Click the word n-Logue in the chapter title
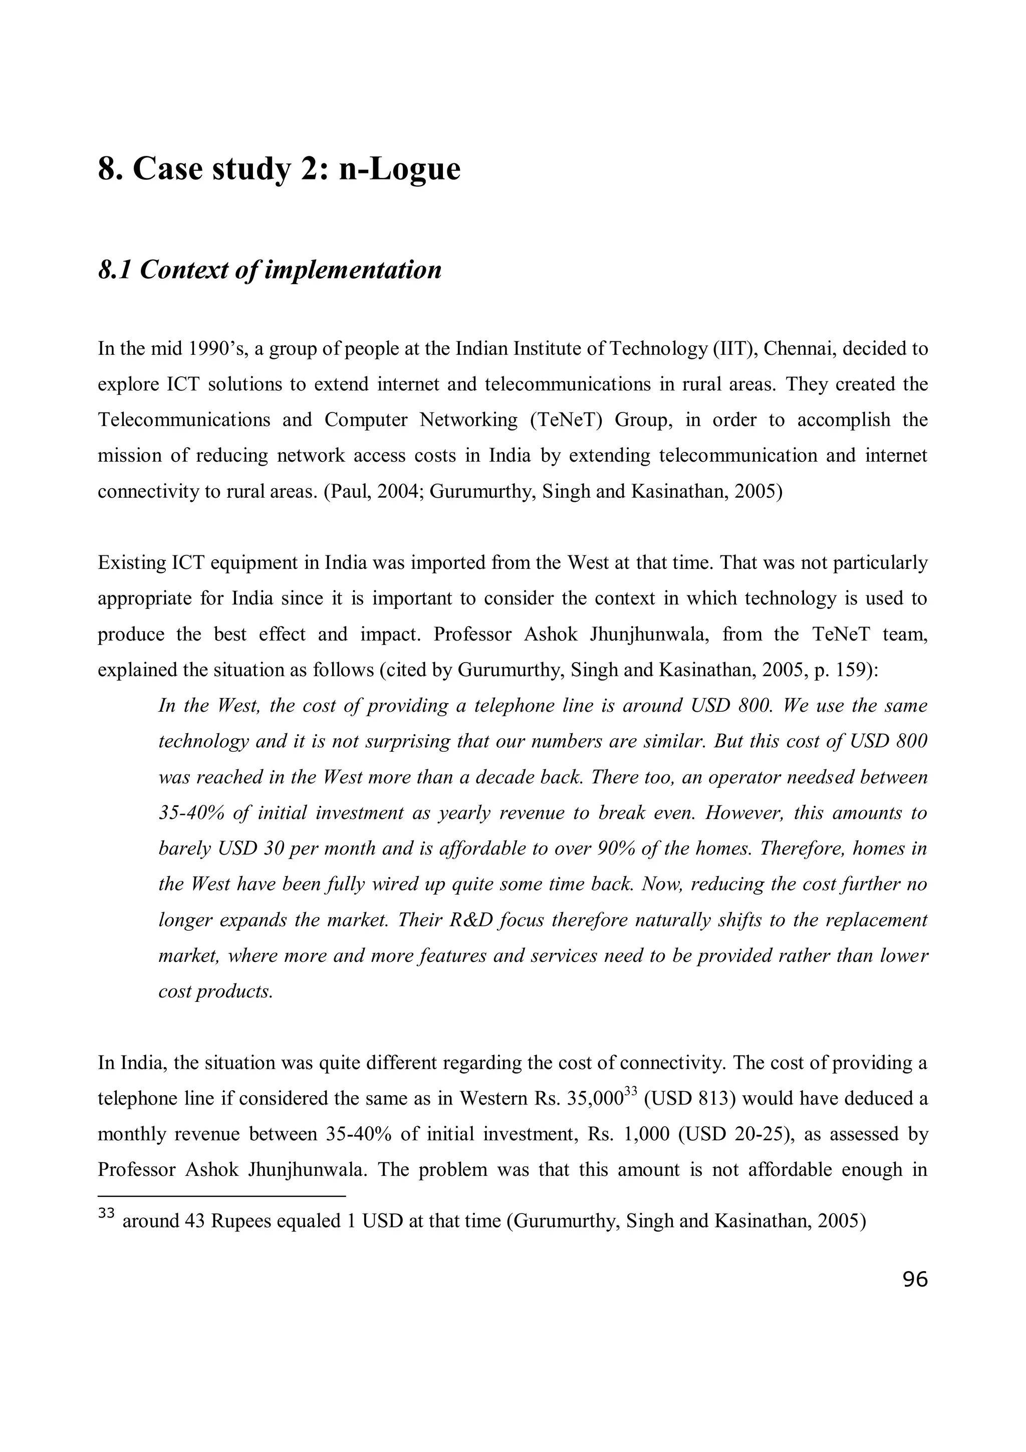point(399,169)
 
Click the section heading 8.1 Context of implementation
point(270,271)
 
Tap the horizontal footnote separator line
point(222,1196)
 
